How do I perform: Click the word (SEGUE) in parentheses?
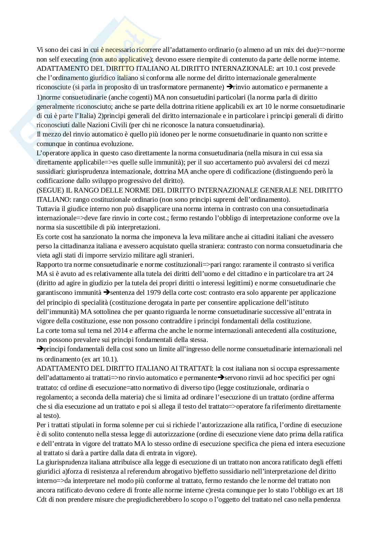48,190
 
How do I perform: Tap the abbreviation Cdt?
42,499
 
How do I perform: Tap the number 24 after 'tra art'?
330,274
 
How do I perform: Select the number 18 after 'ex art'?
339,490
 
